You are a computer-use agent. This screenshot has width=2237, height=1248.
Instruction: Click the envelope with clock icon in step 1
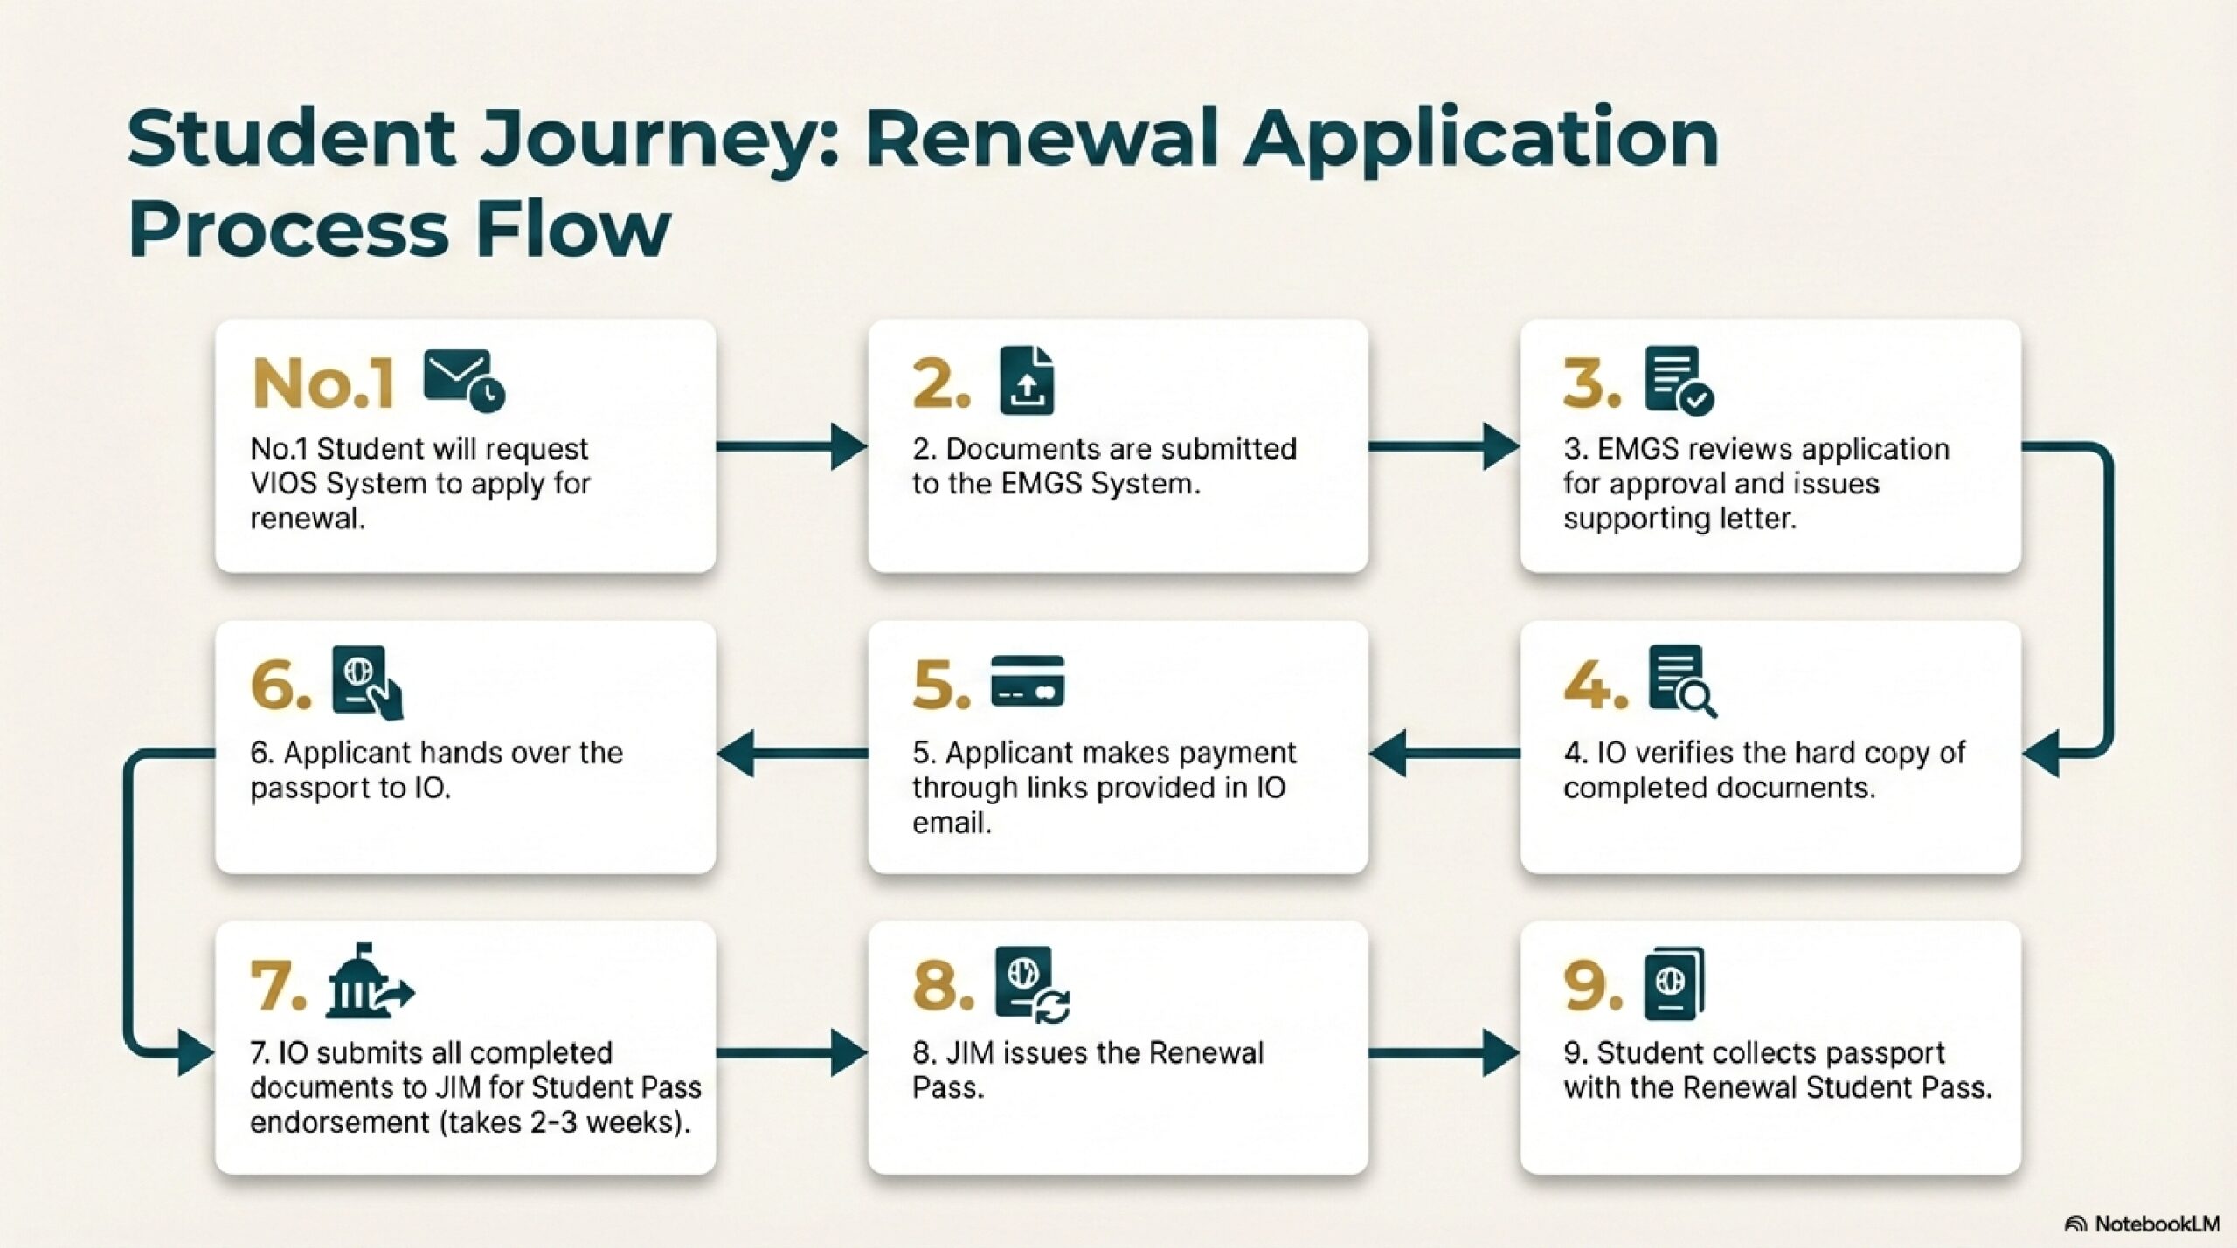pyautogui.click(x=464, y=381)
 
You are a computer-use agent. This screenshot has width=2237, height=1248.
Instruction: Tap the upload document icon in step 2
pyautogui.click(x=1027, y=380)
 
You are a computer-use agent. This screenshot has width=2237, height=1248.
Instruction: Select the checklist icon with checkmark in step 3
pyautogui.click(x=1679, y=380)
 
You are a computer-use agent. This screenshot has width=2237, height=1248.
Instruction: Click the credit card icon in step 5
pyautogui.click(x=1028, y=680)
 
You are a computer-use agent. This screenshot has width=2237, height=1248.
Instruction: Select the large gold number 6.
pyautogui.click(x=280, y=684)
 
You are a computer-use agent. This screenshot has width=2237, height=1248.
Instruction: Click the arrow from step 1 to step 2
pyautogui.click(x=792, y=447)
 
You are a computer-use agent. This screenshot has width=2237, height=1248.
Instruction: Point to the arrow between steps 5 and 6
pyautogui.click(x=792, y=753)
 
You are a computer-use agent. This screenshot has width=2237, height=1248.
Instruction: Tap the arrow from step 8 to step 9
pyautogui.click(x=1444, y=1052)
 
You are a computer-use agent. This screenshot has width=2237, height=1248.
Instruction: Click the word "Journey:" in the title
pyautogui.click(x=661, y=140)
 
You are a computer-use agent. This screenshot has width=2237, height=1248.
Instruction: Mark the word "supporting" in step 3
pyautogui.click(x=1635, y=519)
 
